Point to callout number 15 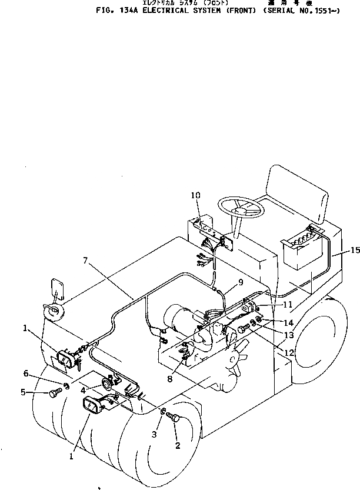[x=354, y=250]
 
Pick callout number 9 [x=240, y=282]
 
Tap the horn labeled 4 [x=108, y=384]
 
